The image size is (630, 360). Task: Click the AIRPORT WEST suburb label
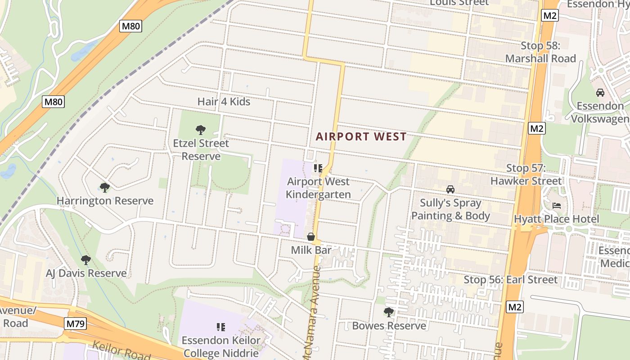[361, 137]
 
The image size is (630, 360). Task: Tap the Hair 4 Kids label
[224, 102]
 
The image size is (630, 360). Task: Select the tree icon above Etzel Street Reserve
[201, 130]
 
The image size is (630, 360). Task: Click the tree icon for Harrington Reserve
[105, 187]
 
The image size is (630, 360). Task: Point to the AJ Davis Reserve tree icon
[85, 260]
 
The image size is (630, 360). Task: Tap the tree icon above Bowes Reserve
[389, 312]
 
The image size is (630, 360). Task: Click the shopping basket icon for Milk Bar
[311, 237]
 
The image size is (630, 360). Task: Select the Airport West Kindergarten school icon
[318, 168]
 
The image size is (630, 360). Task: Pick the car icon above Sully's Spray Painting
[450, 189]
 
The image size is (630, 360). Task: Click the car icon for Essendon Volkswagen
[600, 93]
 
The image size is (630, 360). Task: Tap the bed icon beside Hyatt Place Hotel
[557, 206]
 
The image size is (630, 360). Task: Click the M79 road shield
[75, 324]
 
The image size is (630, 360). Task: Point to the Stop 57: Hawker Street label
[526, 175]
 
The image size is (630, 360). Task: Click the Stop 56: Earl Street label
[511, 279]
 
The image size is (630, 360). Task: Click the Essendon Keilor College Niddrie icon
[220, 327]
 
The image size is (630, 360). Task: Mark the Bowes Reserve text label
[389, 326]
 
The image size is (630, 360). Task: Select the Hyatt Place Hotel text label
[557, 219]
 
